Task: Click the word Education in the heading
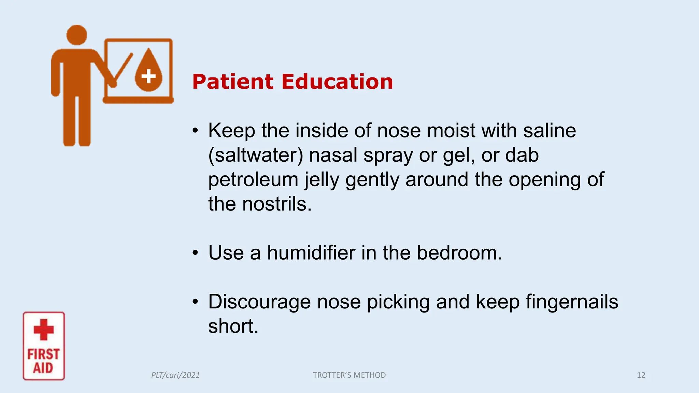point(337,82)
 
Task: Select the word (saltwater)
point(256,155)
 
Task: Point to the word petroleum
point(253,180)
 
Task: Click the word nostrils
point(277,204)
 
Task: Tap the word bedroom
point(459,253)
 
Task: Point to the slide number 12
point(641,375)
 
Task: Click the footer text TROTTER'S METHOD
point(349,375)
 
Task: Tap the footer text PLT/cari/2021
point(175,375)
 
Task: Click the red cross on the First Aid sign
point(44,330)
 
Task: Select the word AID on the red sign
point(43,368)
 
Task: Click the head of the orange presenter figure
point(76,35)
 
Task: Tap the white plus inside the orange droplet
point(148,76)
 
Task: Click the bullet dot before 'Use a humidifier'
point(195,253)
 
